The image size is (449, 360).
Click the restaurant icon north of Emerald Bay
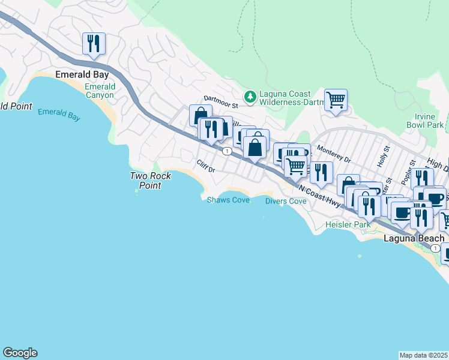tap(94, 44)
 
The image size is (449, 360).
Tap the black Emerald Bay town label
tap(82, 74)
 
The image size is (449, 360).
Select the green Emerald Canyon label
tap(100, 91)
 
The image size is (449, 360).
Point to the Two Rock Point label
tap(151, 181)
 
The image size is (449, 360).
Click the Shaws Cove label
tap(228, 200)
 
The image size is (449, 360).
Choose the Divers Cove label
tap(286, 201)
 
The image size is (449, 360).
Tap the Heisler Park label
tap(348, 224)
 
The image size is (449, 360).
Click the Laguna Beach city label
tap(414, 238)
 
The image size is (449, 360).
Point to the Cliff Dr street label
tap(206, 166)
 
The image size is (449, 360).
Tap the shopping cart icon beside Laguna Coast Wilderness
tap(336, 100)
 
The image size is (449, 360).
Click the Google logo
tap(20, 353)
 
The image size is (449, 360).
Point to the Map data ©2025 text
tap(424, 355)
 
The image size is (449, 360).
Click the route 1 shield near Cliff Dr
tap(227, 151)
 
